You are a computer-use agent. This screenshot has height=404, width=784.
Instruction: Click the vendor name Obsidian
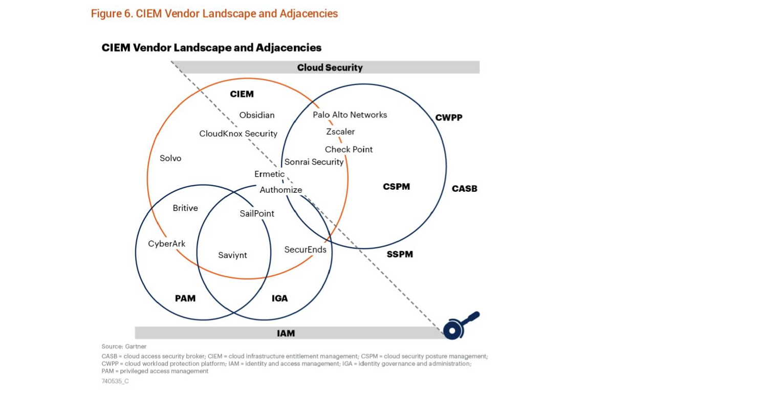click(x=257, y=115)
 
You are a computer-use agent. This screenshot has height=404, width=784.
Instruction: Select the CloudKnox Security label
click(x=238, y=134)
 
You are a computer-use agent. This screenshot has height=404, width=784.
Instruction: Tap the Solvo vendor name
click(x=170, y=158)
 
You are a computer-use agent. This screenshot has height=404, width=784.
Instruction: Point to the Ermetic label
click(x=269, y=174)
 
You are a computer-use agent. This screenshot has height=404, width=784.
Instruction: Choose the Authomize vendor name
click(x=280, y=190)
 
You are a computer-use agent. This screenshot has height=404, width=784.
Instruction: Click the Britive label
click(x=185, y=208)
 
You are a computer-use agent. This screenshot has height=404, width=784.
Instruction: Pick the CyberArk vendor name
click(x=167, y=244)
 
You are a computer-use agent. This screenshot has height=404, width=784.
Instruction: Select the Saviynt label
click(x=232, y=255)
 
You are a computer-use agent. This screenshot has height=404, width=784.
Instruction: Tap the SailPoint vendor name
click(x=257, y=214)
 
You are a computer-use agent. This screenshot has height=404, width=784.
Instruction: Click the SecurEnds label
click(x=305, y=250)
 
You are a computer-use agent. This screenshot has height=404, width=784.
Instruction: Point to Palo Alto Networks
click(x=350, y=115)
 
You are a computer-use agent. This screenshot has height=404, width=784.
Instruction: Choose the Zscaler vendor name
click(x=340, y=132)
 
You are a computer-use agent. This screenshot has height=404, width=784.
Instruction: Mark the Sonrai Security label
click(x=314, y=162)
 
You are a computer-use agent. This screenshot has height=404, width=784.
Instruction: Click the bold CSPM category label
click(x=396, y=187)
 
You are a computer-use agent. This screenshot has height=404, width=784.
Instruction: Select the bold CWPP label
click(x=449, y=118)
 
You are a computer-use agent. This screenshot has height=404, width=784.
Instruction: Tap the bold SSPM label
click(x=400, y=254)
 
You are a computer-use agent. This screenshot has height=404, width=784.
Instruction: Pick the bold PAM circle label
click(x=185, y=298)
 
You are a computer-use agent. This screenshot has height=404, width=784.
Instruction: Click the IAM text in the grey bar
click(x=286, y=333)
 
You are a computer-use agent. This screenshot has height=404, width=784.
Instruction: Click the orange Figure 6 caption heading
click(x=214, y=14)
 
